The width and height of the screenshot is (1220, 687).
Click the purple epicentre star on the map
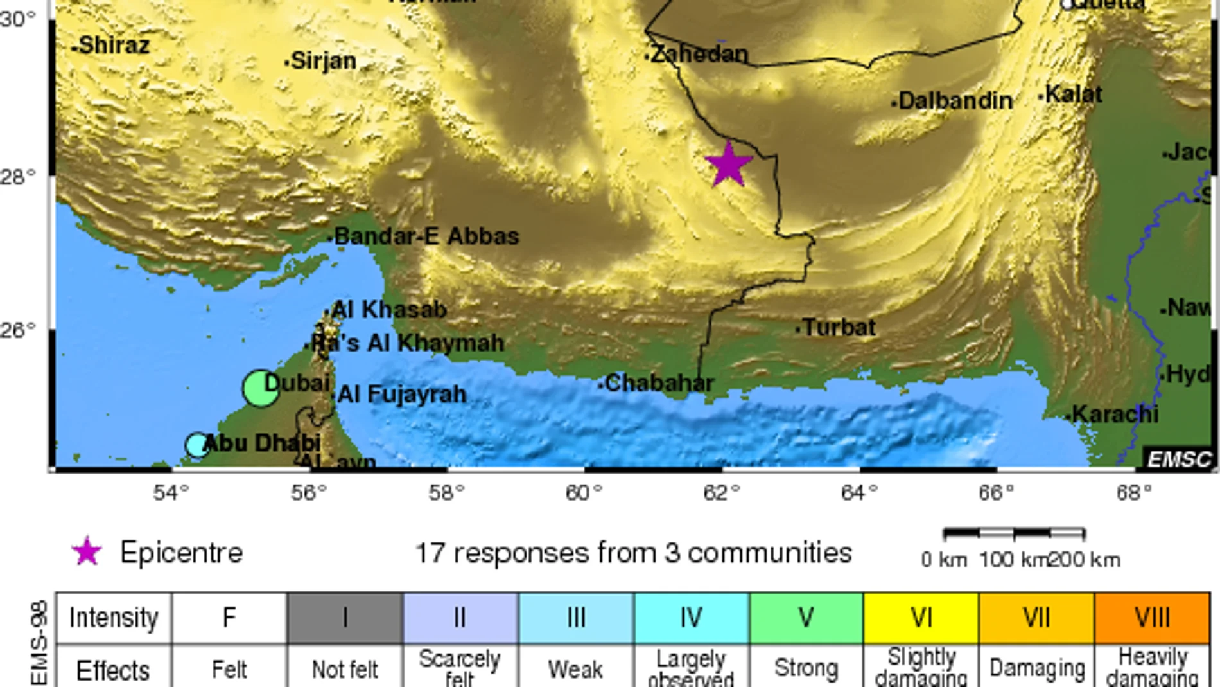[728, 165]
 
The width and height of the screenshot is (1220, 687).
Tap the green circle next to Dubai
[261, 388]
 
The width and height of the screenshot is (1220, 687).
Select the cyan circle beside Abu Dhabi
[197, 445]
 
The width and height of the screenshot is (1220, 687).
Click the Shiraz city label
[113, 46]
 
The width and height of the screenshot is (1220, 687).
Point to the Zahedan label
[699, 55]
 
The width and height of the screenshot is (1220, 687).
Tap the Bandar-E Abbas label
[426, 236]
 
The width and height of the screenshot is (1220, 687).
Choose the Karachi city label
[1115, 415]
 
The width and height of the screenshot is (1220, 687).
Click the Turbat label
[839, 328]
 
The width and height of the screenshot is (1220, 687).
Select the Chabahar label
[659, 384]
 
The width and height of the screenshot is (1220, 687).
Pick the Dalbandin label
[955, 101]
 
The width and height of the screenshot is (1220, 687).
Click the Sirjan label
[323, 61]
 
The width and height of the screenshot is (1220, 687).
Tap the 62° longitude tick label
[721, 493]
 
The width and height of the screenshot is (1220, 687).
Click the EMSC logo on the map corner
[1179, 459]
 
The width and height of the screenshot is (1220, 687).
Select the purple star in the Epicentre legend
[87, 552]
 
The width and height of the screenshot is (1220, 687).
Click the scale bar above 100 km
[1014, 533]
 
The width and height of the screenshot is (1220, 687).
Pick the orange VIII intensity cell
[1152, 618]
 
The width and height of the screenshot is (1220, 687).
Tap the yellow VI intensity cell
[921, 618]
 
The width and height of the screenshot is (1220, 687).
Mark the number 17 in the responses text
[430, 553]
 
